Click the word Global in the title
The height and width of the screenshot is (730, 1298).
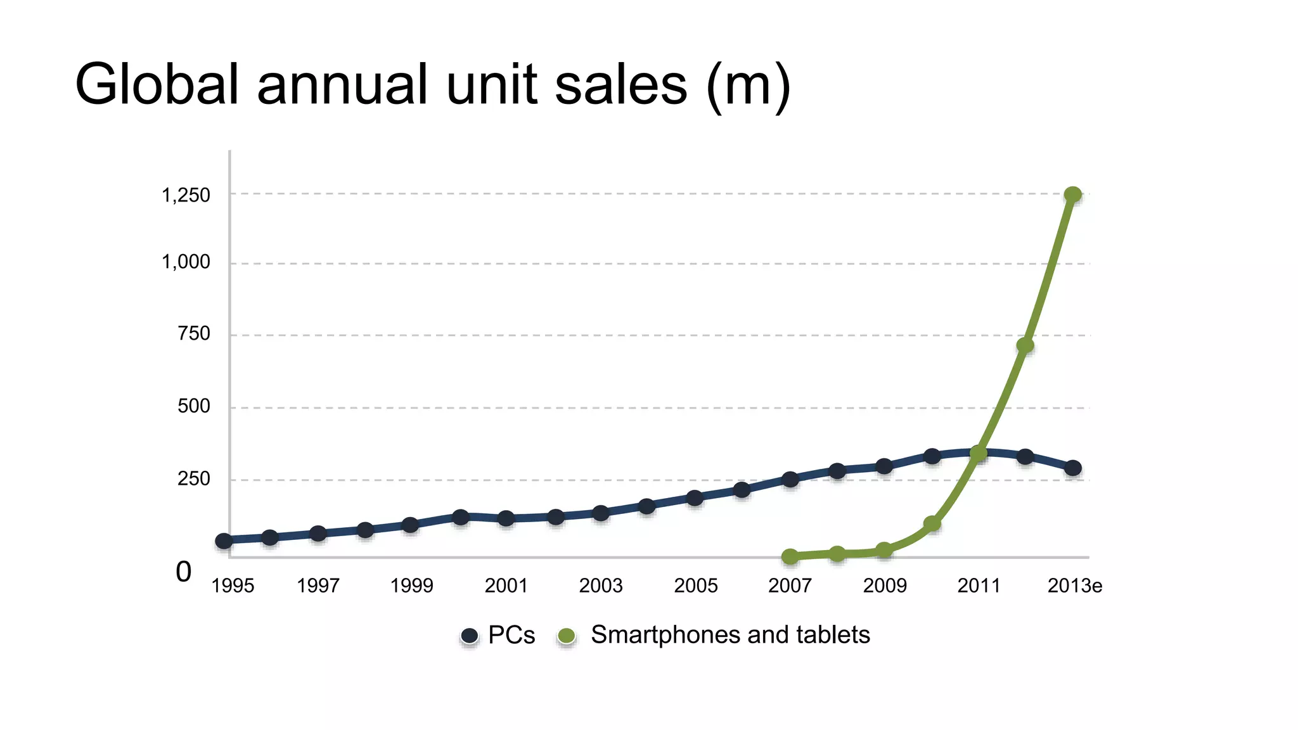pyautogui.click(x=157, y=85)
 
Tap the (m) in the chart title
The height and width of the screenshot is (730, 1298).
pyautogui.click(x=749, y=85)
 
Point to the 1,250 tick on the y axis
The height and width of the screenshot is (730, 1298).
pyautogui.click(x=186, y=195)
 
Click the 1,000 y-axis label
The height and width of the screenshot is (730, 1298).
pyautogui.click(x=186, y=262)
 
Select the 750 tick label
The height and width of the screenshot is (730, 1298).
pyautogui.click(x=193, y=333)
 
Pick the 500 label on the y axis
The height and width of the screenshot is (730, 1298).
pyautogui.click(x=193, y=406)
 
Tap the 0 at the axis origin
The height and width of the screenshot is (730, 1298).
pyautogui.click(x=183, y=572)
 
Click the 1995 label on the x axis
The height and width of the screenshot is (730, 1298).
pyautogui.click(x=232, y=586)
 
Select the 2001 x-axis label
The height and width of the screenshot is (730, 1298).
pyautogui.click(x=506, y=586)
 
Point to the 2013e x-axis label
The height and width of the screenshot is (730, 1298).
pyautogui.click(x=1074, y=586)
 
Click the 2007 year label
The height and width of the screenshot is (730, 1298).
pyautogui.click(x=790, y=586)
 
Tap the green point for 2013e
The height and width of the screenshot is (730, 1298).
pyautogui.click(x=1072, y=195)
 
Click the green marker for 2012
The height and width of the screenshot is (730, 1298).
pyautogui.click(x=1025, y=345)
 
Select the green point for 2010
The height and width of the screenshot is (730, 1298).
pyautogui.click(x=932, y=524)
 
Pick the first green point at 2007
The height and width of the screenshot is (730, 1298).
pyautogui.click(x=790, y=557)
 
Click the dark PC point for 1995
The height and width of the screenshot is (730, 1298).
pyautogui.click(x=224, y=541)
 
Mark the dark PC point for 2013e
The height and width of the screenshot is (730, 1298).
pyautogui.click(x=1072, y=468)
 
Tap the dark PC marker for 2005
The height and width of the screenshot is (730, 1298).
pyautogui.click(x=695, y=498)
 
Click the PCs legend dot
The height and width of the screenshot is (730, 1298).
pyautogui.click(x=470, y=636)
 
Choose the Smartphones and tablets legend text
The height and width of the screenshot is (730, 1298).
pyautogui.click(x=730, y=635)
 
